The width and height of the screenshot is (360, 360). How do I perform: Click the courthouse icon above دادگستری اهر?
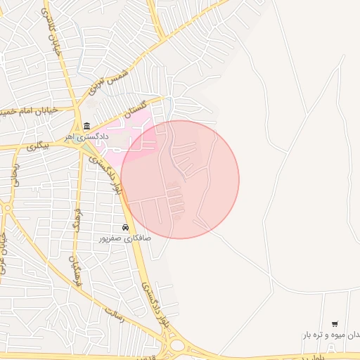87,127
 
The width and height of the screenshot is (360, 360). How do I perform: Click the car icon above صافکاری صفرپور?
125,228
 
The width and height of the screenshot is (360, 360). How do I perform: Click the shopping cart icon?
334,323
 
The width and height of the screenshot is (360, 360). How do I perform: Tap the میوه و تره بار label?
330,335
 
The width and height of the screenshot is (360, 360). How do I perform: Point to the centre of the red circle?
180,179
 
